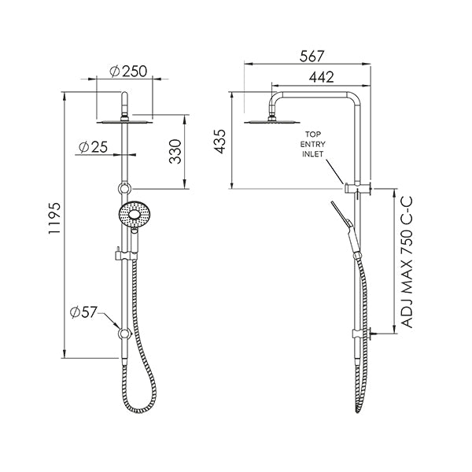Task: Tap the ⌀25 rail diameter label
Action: pos(94,146)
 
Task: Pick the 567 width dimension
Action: pos(312,57)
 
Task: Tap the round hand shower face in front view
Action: pos(132,215)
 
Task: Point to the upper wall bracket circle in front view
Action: pos(124,188)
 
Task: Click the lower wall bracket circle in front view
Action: pos(124,334)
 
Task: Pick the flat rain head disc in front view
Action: pos(124,121)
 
